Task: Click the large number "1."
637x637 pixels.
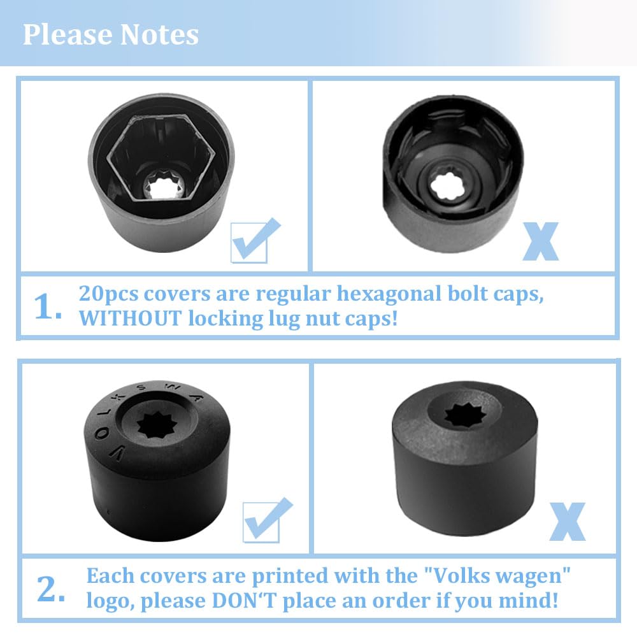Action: pyautogui.click(x=48, y=307)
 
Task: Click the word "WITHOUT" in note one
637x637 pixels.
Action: pyautogui.click(x=130, y=318)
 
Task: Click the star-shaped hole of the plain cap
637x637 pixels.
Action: pyautogui.click(x=465, y=415)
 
